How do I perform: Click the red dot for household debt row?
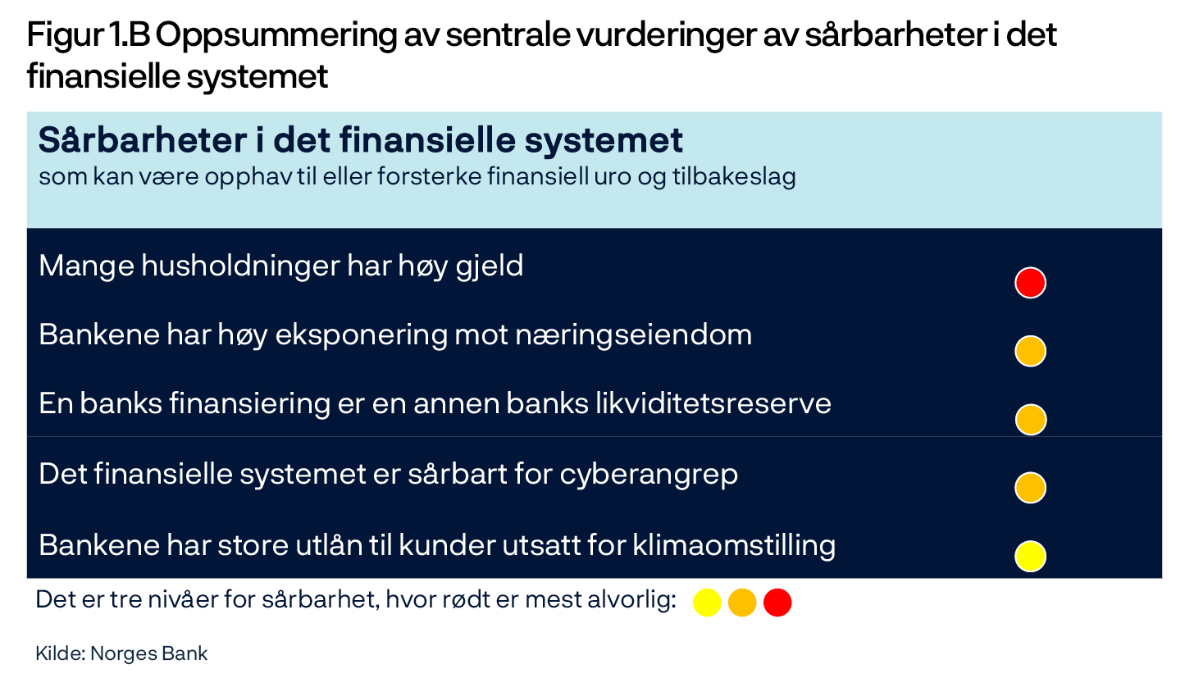pyautogui.click(x=1030, y=283)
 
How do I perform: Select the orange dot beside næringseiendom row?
pyautogui.click(x=1030, y=351)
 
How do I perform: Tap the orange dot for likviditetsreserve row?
pyautogui.click(x=1031, y=420)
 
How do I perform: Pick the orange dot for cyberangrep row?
pyautogui.click(x=1030, y=488)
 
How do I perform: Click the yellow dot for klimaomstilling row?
pyautogui.click(x=1030, y=557)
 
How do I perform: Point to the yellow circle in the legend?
pyautogui.click(x=707, y=603)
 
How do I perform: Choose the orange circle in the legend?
pyautogui.click(x=742, y=603)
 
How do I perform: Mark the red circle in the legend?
pyautogui.click(x=777, y=603)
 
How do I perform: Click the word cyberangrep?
pyautogui.click(x=649, y=475)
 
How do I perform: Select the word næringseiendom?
pyautogui.click(x=633, y=335)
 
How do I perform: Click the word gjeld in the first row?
pyautogui.click(x=490, y=266)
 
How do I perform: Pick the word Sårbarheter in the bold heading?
pyautogui.click(x=143, y=141)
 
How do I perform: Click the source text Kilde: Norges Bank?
pyautogui.click(x=121, y=653)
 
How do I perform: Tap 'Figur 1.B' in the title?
pyautogui.click(x=89, y=36)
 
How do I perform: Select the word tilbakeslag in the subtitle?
pyautogui.click(x=734, y=177)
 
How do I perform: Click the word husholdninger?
pyautogui.click(x=241, y=266)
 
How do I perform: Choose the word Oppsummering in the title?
pyautogui.click(x=275, y=36)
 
